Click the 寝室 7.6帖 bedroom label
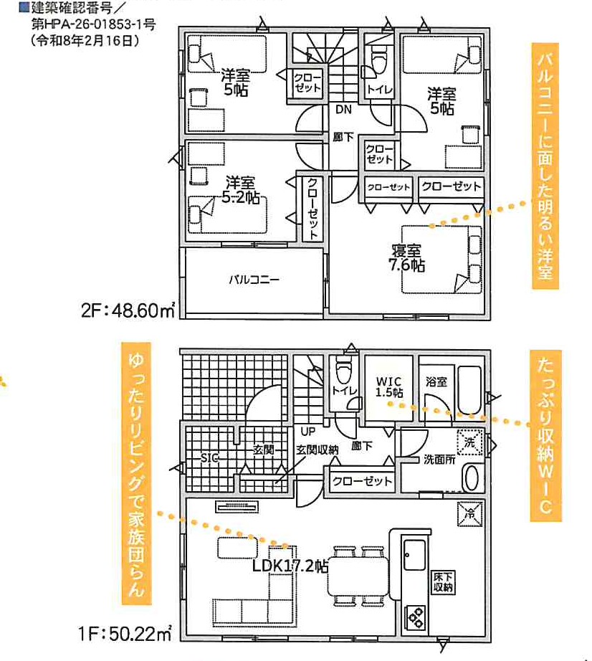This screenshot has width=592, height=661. pos(406,258)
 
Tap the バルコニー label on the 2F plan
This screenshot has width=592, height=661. pos(254,280)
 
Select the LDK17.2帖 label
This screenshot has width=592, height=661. pos(290,566)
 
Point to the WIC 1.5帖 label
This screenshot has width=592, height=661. pos(389,387)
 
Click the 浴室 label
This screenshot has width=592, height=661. pos(436,382)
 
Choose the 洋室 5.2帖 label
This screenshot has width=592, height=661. pos(241,190)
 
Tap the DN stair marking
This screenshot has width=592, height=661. pos(343,110)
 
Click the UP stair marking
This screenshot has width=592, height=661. pos(307,432)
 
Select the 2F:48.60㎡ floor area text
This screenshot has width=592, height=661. pos(128,310)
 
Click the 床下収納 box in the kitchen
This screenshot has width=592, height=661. pos(443,582)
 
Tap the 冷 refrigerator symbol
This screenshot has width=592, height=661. pos(470,514)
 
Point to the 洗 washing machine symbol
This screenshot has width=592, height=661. pos(470,442)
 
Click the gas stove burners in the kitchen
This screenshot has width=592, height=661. pos(416,618)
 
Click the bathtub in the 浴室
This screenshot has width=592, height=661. pos(469,390)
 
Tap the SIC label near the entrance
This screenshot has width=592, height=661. pos(209,458)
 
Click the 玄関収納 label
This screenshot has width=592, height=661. pos(317,450)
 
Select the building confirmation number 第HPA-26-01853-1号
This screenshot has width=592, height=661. pos(94,24)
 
